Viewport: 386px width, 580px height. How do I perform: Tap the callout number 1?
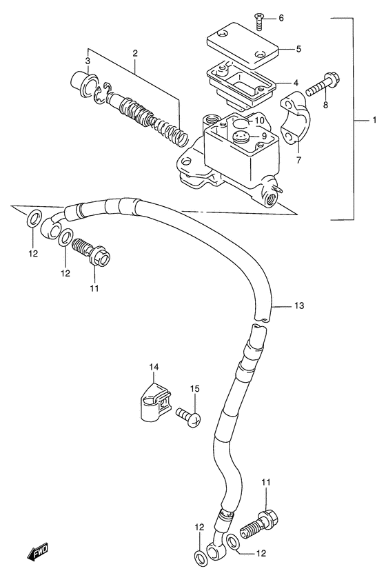(374, 120)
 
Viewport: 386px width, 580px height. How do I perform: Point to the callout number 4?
(296, 83)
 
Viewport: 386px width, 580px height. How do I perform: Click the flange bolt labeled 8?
(324, 85)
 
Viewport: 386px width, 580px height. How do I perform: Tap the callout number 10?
(259, 121)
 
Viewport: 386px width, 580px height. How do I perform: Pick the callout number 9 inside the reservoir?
(263, 136)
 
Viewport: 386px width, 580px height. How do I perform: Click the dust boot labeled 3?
(84, 84)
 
